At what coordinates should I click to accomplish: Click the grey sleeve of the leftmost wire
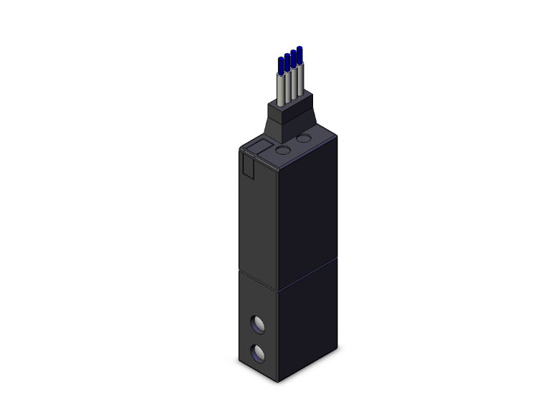pos(280,90)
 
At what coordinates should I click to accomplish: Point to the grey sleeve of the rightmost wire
pos(299,82)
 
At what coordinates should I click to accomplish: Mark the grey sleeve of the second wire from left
pos(287,87)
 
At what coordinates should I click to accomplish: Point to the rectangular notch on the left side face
pos(247,166)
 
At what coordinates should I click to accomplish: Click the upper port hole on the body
pos(256,324)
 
